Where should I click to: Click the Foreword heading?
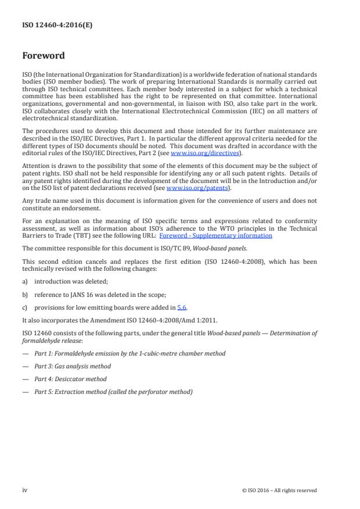click(44, 56)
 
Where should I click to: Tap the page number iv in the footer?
click(25, 490)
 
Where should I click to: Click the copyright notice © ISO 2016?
click(279, 490)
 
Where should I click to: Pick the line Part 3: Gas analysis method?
click(73, 366)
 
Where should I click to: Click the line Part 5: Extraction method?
click(114, 392)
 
